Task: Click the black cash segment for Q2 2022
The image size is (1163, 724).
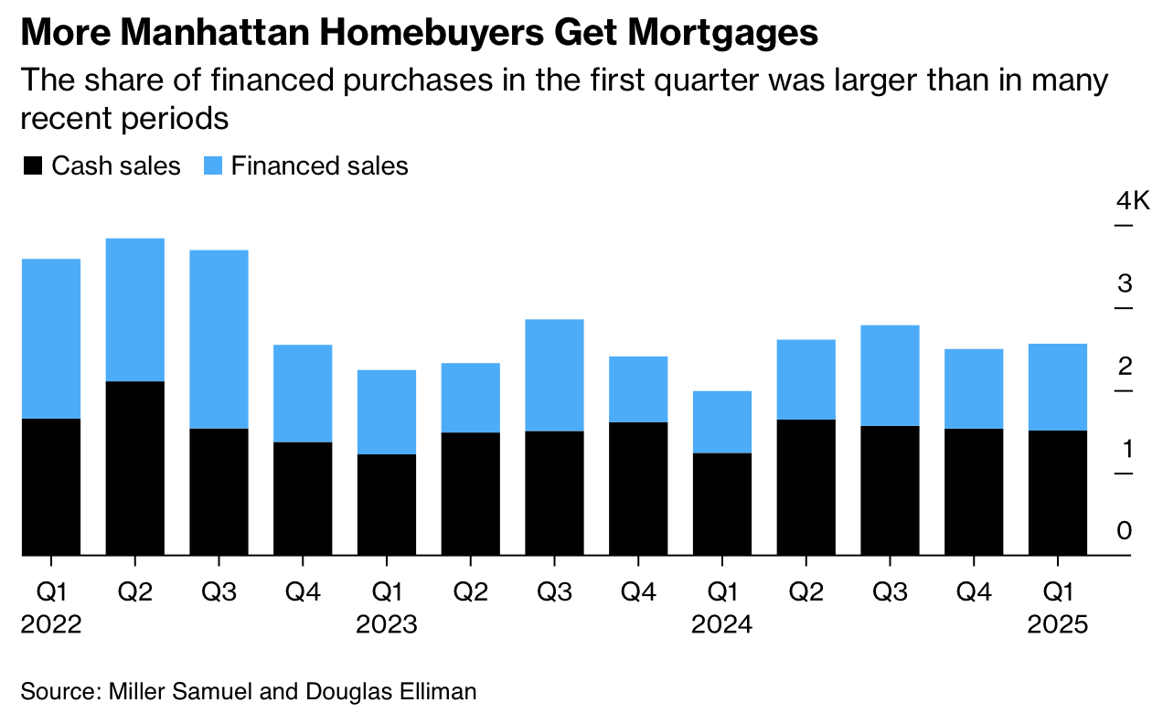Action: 135,468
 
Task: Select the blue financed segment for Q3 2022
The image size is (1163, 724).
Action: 219,339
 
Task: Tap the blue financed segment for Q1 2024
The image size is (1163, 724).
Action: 722,421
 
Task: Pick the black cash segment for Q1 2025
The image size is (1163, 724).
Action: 1058,493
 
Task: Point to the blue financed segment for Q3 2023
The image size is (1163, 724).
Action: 554,375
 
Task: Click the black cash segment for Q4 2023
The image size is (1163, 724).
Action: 638,488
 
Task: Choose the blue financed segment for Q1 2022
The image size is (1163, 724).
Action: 51,338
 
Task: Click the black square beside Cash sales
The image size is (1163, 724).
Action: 33,166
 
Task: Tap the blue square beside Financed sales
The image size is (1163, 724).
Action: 212,166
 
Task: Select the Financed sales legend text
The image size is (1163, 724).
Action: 319,166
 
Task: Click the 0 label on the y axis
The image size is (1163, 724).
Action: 1125,531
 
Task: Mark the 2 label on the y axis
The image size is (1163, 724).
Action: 1125,367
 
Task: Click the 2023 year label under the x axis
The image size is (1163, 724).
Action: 387,625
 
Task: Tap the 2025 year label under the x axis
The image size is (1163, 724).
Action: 1058,625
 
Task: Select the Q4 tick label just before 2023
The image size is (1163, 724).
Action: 303,592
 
